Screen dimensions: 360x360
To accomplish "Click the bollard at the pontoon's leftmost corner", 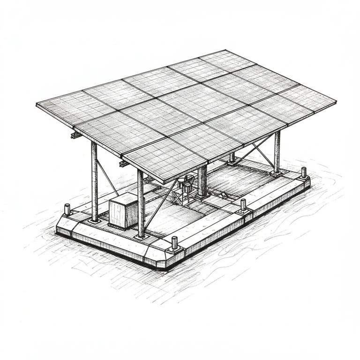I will [x=67, y=209].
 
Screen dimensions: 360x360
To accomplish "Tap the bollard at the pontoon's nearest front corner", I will [x=175, y=243].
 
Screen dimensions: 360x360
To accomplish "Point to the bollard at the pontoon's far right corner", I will [x=304, y=172].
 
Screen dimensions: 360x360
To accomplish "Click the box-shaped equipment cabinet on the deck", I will [x=123, y=211].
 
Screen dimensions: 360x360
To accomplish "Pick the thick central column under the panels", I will [x=202, y=181].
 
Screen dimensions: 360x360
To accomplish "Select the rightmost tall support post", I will [x=277, y=151].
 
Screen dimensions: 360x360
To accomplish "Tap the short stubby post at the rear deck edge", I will [x=232, y=157].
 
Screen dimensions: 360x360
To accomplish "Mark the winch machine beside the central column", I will [x=186, y=185].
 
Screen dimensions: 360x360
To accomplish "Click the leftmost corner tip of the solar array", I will [x=37, y=104].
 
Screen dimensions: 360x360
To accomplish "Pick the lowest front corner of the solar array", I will [x=165, y=182].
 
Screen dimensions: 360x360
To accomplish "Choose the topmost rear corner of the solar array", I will [x=225, y=50].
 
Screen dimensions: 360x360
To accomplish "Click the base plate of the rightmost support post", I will [x=277, y=173].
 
